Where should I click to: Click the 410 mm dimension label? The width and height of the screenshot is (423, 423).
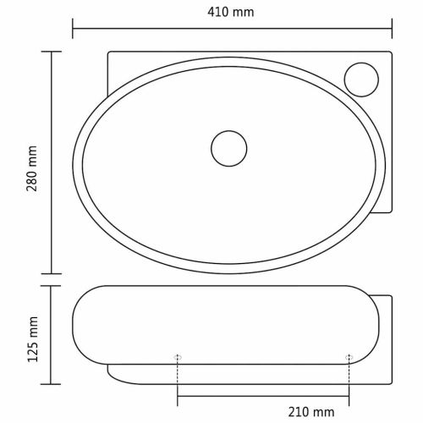[231, 12]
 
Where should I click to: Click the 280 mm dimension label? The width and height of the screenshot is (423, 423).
[32, 168]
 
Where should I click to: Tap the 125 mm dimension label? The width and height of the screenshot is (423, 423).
[32, 339]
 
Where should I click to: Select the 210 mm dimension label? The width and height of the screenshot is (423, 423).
[311, 412]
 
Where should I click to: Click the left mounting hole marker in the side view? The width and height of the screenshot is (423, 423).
[178, 358]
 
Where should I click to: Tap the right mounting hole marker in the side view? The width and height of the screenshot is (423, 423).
[349, 358]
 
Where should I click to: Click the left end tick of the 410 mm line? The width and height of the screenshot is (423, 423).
[73, 29]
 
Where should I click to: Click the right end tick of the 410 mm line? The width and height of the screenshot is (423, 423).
[392, 29]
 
